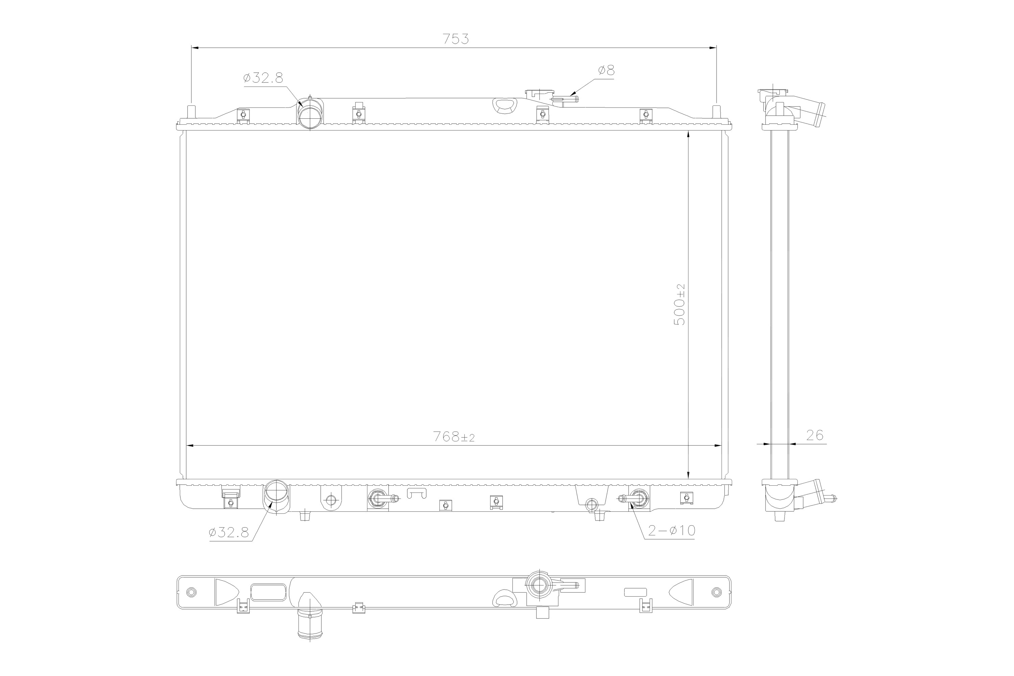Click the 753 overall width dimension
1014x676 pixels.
456,39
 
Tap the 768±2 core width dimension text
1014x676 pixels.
454,437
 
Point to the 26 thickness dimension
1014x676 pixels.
814,435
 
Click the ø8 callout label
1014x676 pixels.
606,70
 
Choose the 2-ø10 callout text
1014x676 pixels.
672,531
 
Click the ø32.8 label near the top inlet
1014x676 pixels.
263,78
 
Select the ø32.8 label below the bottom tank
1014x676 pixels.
229,533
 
